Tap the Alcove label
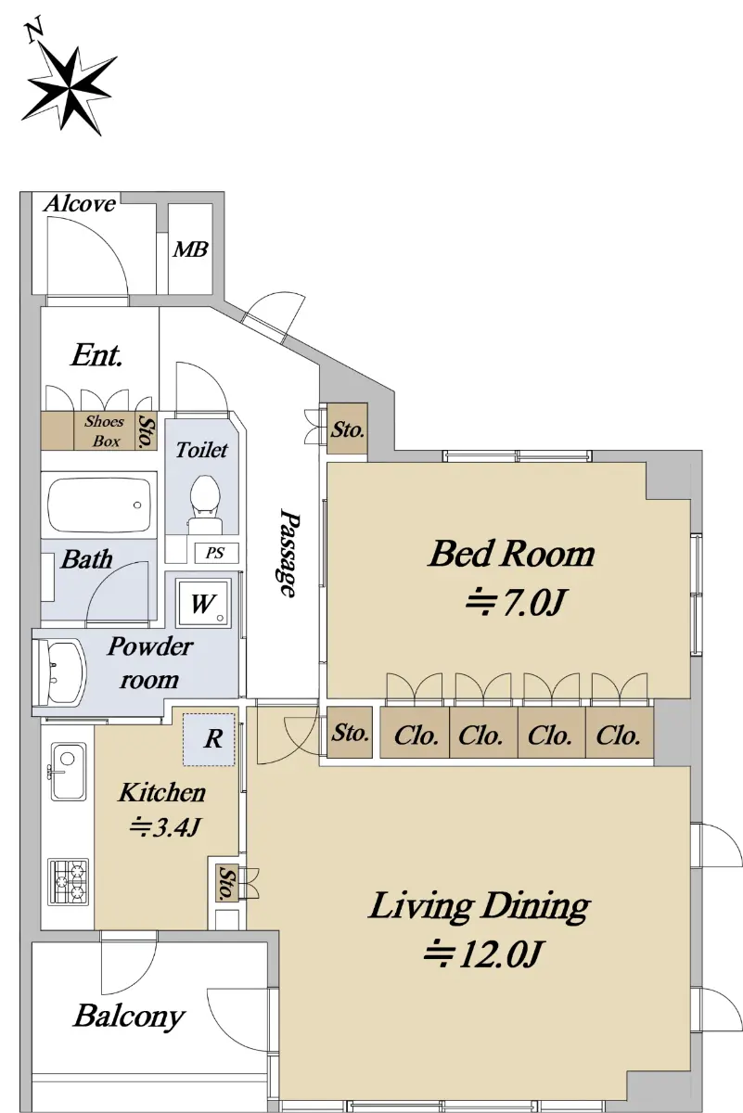(x=80, y=204)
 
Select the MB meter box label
(x=190, y=249)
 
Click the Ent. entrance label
(x=96, y=355)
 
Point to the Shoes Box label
(x=105, y=431)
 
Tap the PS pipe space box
(x=215, y=553)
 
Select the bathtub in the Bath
(x=99, y=505)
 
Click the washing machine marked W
(x=204, y=602)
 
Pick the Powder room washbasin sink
(x=60, y=672)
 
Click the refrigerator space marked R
(x=209, y=739)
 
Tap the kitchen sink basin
(x=69, y=771)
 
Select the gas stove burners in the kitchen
(x=69, y=881)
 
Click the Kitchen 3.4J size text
(x=165, y=827)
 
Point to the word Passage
(x=289, y=552)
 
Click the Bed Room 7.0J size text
(x=515, y=602)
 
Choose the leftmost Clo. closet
(x=415, y=733)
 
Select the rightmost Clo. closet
(x=620, y=733)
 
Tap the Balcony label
(x=129, y=1016)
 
